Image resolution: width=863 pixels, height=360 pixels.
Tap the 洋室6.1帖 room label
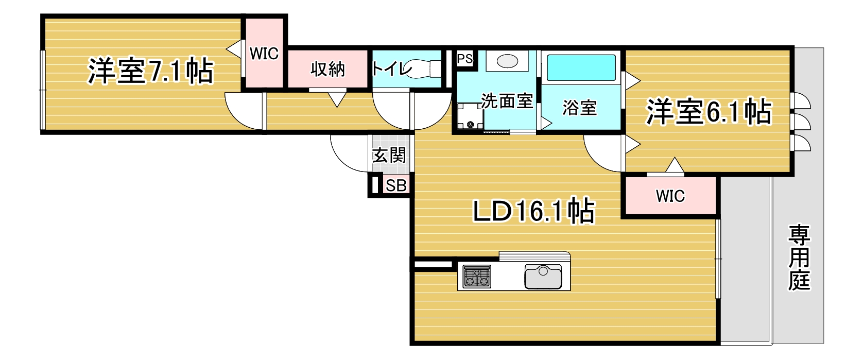coord(709,112)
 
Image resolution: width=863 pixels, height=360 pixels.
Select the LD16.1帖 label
coord(533,211)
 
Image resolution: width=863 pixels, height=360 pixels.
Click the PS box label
coord(464,59)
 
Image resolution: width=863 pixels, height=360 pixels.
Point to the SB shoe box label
coord(396,186)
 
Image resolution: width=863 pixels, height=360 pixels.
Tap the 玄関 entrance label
coord(389,156)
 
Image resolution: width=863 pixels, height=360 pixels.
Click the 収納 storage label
coord(327,70)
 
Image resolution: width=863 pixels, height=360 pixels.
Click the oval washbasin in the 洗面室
coord(507,61)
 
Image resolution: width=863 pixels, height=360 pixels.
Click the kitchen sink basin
coord(543,277)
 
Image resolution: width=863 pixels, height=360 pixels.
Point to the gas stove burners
coord(477,277)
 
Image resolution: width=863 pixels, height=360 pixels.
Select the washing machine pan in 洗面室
coord(470,116)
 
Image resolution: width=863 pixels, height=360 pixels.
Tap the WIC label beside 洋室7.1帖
coord(264,54)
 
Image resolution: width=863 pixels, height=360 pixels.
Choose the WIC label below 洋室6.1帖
coord(670,196)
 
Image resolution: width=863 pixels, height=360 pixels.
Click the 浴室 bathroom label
coord(579,108)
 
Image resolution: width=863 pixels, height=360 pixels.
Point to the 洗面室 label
coord(507,101)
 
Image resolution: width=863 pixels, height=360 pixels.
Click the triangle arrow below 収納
coord(337,99)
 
